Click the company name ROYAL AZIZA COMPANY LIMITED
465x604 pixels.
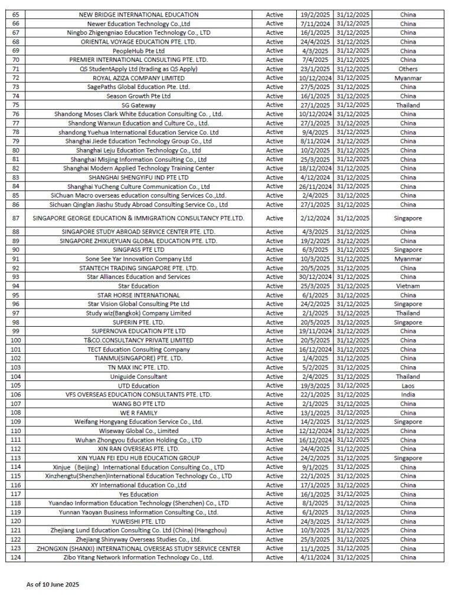tap(138, 78)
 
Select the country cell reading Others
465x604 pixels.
tap(408, 69)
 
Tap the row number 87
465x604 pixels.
tap(16, 218)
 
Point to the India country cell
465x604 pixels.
tap(408, 395)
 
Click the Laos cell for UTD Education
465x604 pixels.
tap(408, 386)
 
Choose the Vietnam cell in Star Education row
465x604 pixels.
tap(408, 286)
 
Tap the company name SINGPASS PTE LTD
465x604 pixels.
tap(138, 250)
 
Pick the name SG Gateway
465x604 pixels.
tap(138, 105)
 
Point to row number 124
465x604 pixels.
tap(16, 557)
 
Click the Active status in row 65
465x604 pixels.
tap(274, 14)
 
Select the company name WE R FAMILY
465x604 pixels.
tap(138, 413)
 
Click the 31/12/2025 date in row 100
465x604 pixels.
tap(353, 340)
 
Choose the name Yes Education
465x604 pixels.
tap(138, 494)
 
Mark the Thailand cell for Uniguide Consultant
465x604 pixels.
tap(408, 376)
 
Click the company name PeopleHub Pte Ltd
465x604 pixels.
tap(138, 51)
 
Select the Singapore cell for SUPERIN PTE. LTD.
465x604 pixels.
tap(408, 322)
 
